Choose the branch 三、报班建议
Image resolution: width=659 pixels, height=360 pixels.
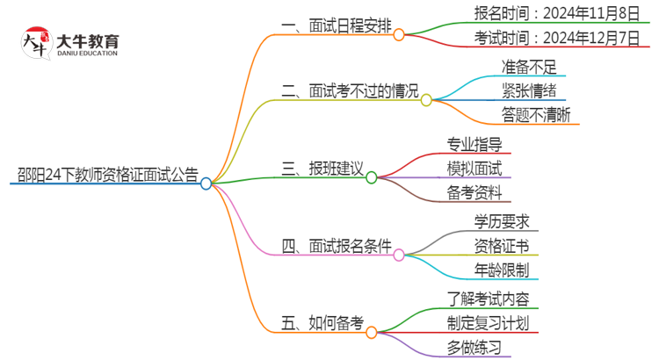pyautogui.click(x=323, y=167)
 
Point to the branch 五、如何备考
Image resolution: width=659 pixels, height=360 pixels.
pyautogui.click(x=322, y=322)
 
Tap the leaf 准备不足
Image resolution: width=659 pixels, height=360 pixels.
pyautogui.click(x=529, y=67)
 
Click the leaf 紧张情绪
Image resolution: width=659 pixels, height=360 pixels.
pyautogui.click(x=529, y=90)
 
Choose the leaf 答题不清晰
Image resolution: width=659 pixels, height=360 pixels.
pyautogui.click(x=536, y=114)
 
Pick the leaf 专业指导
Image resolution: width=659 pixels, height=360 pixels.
pyautogui.click(x=474, y=143)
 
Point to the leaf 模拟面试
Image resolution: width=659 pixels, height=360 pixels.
pyautogui.click(x=474, y=167)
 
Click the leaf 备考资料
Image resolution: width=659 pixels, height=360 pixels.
pyautogui.click(x=474, y=191)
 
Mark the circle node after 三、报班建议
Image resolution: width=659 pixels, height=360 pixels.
pyautogui.click(x=372, y=177)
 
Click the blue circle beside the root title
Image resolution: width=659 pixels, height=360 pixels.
pyautogui.click(x=206, y=184)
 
